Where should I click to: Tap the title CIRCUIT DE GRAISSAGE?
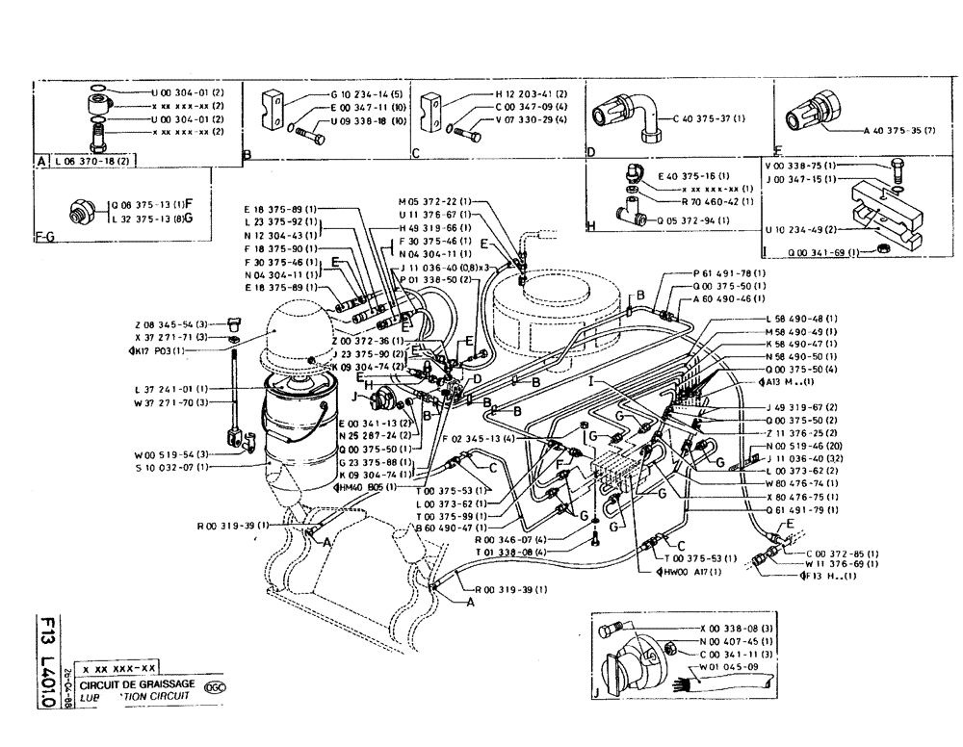tap(137, 683)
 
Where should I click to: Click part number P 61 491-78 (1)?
tap(731, 272)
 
